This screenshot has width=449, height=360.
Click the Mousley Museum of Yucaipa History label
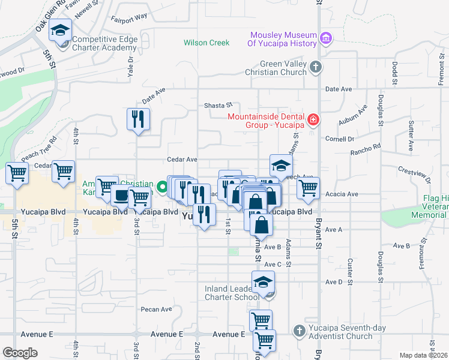click(x=283, y=38)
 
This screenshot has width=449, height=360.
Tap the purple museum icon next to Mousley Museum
click(x=326, y=39)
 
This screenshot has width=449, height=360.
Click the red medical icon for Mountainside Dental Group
click(x=312, y=121)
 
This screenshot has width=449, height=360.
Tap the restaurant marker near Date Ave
click(x=139, y=119)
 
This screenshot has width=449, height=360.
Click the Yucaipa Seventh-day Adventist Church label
click(x=342, y=332)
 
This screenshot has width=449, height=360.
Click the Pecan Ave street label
click(x=156, y=310)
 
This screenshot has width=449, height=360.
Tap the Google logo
click(x=20, y=353)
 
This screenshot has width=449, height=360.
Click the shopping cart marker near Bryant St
click(x=308, y=188)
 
